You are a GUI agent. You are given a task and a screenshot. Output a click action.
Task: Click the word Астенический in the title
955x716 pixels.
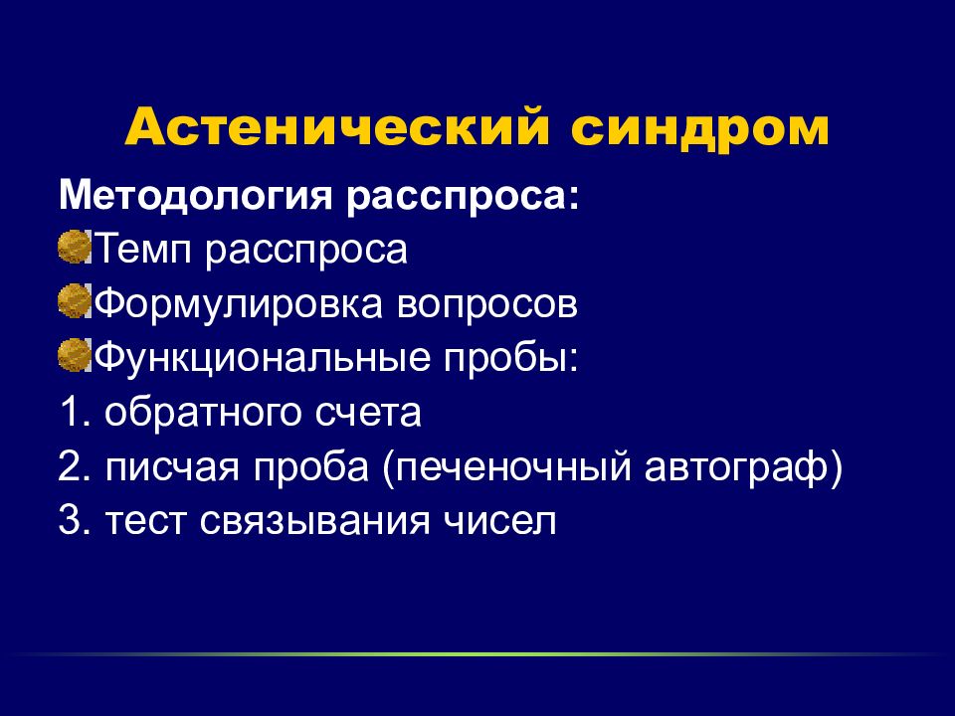[337, 126]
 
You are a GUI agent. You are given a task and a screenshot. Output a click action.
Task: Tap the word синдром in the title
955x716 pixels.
[699, 129]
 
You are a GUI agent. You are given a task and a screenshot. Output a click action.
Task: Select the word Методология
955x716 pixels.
[196, 197]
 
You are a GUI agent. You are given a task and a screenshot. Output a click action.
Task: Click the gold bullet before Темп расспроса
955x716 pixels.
[75, 247]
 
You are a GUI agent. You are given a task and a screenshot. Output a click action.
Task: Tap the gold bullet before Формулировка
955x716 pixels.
[75, 300]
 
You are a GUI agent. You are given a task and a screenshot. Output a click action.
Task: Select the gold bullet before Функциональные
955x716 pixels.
[75, 356]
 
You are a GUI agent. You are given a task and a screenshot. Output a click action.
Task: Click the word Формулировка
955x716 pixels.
[239, 304]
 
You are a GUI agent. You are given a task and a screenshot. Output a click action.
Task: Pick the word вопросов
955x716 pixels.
[486, 304]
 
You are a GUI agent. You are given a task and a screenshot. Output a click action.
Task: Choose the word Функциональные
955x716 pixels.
[263, 358]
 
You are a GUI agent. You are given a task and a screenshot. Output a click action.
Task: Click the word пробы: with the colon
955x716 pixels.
[510, 359]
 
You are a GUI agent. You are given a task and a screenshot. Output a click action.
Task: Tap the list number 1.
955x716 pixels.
[75, 412]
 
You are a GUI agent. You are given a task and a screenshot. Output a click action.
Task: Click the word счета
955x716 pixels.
[368, 414]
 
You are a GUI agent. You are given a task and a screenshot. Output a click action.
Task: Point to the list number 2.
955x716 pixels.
[75, 466]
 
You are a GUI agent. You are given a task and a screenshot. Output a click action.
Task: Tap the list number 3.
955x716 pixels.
[75, 521]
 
